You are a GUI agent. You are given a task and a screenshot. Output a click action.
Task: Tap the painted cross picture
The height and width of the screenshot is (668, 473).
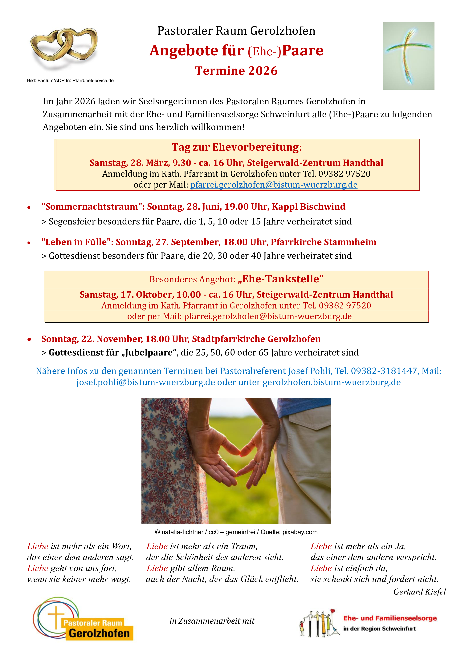pyautogui.click(x=408, y=56)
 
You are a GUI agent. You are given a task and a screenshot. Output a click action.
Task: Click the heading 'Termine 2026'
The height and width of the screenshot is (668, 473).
pyautogui.click(x=236, y=71)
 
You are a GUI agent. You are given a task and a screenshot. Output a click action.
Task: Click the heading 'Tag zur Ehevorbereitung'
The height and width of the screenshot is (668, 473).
pyautogui.click(x=235, y=147)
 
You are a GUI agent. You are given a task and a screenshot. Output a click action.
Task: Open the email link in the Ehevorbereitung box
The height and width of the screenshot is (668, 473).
pyautogui.click(x=274, y=185)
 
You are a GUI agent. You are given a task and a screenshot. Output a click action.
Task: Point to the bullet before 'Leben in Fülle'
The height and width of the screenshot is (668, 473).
pyautogui.click(x=29, y=243)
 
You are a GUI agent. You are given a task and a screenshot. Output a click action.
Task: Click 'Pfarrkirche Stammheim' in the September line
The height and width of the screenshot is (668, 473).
pyautogui.click(x=323, y=242)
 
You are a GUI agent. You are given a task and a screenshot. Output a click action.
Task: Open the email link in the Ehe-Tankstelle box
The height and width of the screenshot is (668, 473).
pyautogui.click(x=268, y=316)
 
